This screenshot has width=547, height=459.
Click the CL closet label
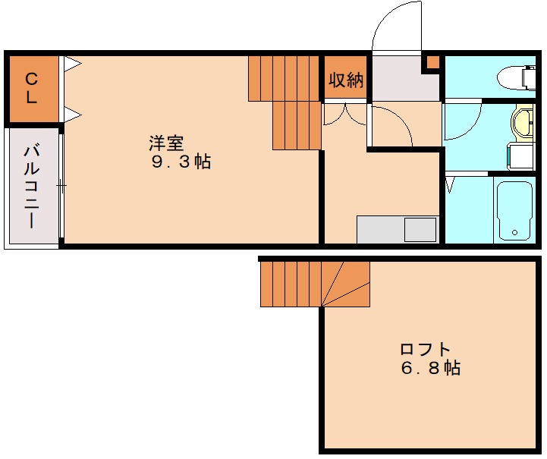(x=31, y=88)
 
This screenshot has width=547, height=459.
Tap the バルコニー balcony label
(x=31, y=187)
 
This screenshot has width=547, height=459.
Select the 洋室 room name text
(x=166, y=143)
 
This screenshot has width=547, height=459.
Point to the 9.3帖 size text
(x=181, y=162)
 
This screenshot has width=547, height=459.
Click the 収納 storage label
(x=346, y=80)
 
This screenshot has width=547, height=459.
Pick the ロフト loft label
(x=425, y=350)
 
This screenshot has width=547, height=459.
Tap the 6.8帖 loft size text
(x=430, y=368)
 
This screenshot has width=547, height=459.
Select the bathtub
(x=514, y=210)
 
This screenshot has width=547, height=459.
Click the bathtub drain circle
(x=514, y=233)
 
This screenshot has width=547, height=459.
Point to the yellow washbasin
(x=523, y=122)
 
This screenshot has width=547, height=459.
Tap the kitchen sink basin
(x=420, y=229)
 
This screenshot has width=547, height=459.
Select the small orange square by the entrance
(x=433, y=62)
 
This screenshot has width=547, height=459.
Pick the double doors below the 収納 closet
(x=344, y=114)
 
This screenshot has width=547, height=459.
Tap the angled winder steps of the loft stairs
(x=346, y=284)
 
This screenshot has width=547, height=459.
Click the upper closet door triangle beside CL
(x=73, y=64)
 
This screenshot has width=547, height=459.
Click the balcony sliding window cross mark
(x=61, y=185)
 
